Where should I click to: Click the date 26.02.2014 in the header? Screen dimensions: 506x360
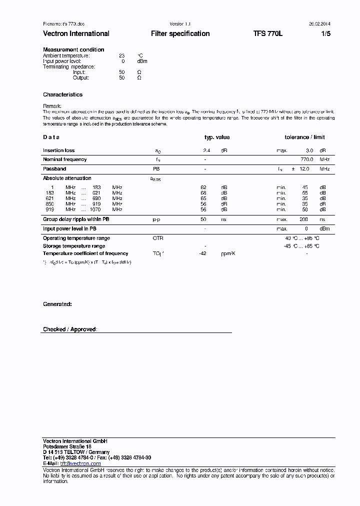319,24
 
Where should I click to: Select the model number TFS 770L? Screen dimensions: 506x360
268,33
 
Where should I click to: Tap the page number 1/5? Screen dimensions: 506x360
325,33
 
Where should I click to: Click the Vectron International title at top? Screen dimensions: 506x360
76,33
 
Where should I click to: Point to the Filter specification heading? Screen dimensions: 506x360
180,33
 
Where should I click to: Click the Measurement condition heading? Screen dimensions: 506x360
73,49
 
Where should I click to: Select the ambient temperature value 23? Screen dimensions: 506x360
121,55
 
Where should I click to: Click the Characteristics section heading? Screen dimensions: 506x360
62,94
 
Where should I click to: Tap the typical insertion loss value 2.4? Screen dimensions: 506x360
206,150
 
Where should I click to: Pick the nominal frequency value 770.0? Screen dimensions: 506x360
306,159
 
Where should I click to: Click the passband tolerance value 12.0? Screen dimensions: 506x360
304,169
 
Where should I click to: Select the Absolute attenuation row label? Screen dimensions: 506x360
67,178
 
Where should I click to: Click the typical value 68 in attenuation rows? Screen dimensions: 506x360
203,192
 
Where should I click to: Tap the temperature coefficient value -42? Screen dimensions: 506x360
203,253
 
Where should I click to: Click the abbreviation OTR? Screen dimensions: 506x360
158,238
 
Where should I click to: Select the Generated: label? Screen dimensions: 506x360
57,304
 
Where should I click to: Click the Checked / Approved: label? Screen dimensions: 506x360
70,329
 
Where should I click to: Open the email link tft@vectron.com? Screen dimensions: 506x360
80,463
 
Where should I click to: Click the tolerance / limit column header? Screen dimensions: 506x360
304,137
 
